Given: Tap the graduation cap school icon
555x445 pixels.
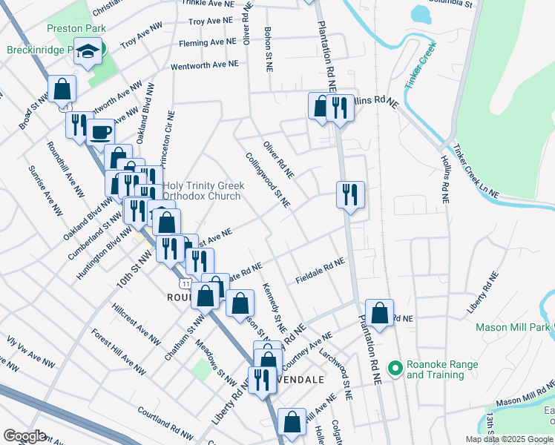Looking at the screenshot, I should (x=89, y=52).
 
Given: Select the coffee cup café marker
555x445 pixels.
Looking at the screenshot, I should (x=100, y=133).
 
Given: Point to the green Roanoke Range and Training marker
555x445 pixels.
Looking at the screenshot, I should (x=395, y=366).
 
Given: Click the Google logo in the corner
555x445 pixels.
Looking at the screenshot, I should (x=24, y=435).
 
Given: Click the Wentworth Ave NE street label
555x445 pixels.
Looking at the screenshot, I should (x=205, y=65).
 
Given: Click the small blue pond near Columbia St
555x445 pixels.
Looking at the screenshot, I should (x=421, y=14).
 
